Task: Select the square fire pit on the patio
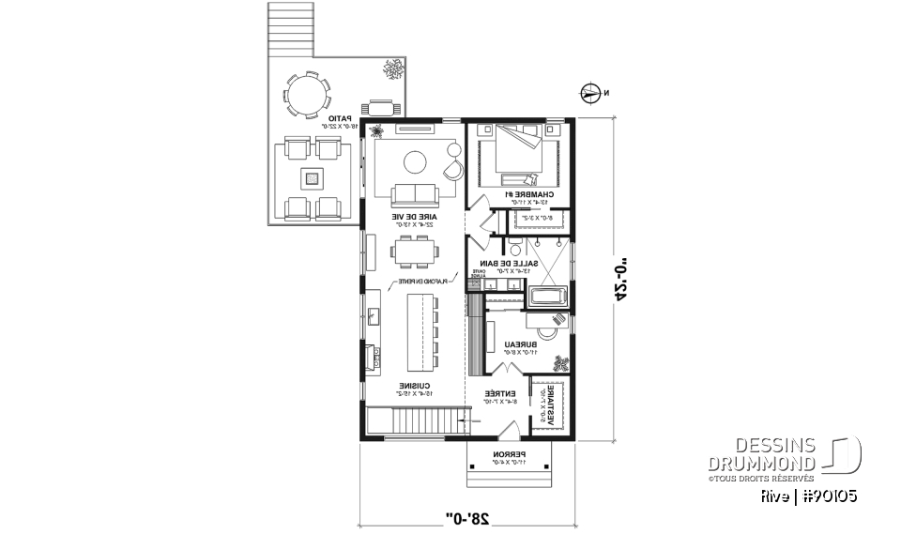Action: click(x=312, y=176)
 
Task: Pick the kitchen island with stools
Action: click(x=422, y=332)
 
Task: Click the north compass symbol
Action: click(x=590, y=92)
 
